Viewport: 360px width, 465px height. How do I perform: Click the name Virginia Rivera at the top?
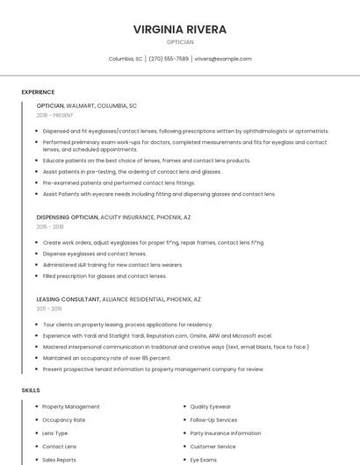click(180, 29)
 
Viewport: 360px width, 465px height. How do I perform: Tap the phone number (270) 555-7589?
click(169, 59)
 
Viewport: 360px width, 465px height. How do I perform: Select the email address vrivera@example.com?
click(223, 59)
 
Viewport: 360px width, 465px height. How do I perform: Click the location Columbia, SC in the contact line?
click(126, 59)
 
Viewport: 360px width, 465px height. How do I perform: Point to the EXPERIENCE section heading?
click(38, 92)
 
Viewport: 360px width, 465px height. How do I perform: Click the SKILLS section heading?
click(31, 390)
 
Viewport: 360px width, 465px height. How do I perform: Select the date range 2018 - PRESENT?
click(54, 115)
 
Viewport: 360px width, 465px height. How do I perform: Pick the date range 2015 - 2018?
click(50, 226)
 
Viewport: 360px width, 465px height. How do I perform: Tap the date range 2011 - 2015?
click(49, 309)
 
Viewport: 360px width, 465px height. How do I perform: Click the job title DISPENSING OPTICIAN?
click(68, 217)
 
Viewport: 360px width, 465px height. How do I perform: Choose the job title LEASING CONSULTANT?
click(68, 299)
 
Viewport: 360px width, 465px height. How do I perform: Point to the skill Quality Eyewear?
click(212, 407)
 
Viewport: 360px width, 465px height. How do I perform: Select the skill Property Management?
click(71, 407)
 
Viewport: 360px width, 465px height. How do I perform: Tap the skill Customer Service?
click(213, 447)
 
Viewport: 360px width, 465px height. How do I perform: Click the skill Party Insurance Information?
click(226, 433)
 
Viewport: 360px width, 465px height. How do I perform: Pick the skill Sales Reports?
click(60, 460)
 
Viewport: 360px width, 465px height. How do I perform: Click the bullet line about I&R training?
click(112, 264)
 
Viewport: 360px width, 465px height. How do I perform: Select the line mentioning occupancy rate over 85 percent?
click(106, 358)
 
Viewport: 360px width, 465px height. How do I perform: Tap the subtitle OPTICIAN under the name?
click(180, 42)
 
